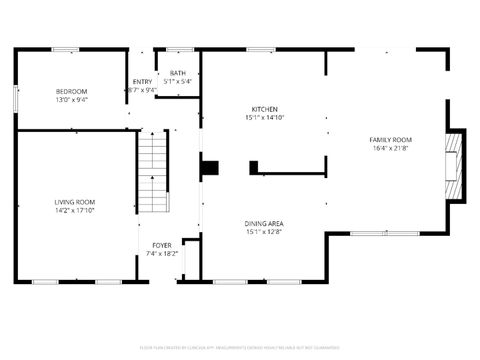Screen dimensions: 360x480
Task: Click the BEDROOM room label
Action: [x=71, y=92]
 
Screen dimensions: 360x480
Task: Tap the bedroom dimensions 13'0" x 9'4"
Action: [x=71, y=100]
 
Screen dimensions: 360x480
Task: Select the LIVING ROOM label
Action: [x=75, y=202]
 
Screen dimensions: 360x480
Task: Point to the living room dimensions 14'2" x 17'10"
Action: [x=75, y=211]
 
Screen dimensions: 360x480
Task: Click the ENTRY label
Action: [x=143, y=81]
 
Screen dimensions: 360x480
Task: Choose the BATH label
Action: [x=177, y=73]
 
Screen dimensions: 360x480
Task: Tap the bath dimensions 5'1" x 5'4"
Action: [x=177, y=81]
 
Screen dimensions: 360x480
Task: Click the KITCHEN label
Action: [x=264, y=109]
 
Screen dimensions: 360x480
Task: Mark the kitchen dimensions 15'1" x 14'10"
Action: [x=264, y=118]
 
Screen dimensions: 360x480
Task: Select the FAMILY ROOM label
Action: [x=391, y=139]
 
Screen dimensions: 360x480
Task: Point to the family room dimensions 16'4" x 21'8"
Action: [x=391, y=148]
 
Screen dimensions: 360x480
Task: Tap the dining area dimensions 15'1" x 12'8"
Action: [x=265, y=232]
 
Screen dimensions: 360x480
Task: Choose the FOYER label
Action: [x=162, y=245]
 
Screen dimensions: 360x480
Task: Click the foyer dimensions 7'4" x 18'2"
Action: [x=162, y=254]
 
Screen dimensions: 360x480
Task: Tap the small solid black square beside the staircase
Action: [x=209, y=167]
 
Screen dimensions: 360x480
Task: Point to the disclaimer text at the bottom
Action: [x=241, y=347]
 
